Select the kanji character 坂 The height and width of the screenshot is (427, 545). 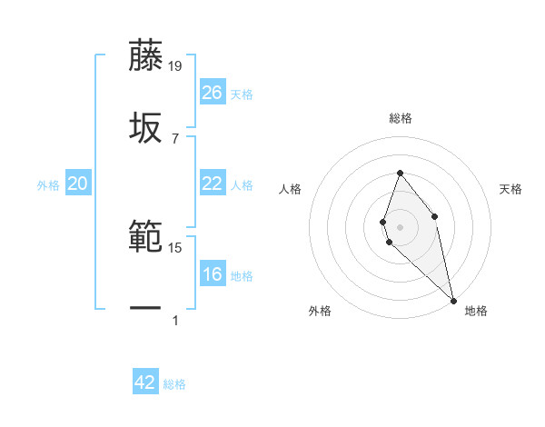click(145, 126)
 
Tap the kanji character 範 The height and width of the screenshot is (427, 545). click(145, 237)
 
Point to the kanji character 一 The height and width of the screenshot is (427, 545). click(145, 309)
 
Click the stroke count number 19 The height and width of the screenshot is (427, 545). click(175, 65)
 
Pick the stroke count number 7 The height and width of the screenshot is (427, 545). click(174, 138)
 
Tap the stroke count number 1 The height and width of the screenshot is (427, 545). click(174, 321)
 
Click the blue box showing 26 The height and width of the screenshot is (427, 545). click(213, 93)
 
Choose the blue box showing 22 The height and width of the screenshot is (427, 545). click(213, 184)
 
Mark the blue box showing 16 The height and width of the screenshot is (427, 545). click(213, 275)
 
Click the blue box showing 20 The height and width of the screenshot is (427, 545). click(77, 184)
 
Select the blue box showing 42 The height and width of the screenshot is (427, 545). click(145, 382)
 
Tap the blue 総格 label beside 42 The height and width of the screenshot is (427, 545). click(174, 384)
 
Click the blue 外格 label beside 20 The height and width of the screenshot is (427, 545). click(48, 185)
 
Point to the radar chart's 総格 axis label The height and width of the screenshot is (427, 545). click(400, 118)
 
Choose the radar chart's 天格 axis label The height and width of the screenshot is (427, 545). click(510, 189)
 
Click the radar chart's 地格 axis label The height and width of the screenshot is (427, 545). click(476, 311)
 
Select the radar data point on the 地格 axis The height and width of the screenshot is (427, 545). click(453, 300)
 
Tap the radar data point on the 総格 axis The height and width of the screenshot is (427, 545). click(400, 173)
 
